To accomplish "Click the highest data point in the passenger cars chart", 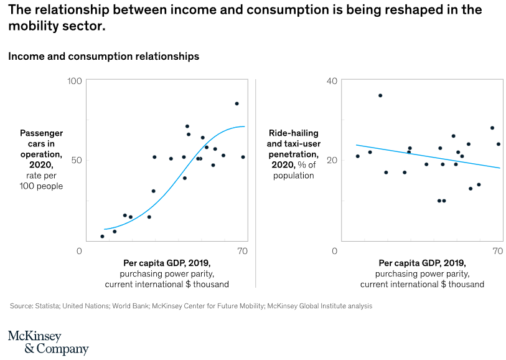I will coord(237,103).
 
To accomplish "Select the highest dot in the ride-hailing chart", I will coord(380,95).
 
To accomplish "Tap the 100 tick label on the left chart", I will coord(75,82).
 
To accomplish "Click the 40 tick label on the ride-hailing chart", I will coord(332,82).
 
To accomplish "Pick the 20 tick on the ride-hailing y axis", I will coord(332,160).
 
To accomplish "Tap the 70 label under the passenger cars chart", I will coord(243,251).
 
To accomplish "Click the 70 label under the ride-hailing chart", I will coord(497,251).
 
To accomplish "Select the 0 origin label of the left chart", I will coord(79,251).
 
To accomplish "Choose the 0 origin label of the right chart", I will coord(334,251).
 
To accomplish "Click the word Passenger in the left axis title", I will coord(42,133).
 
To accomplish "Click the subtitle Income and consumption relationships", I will coord(103,56).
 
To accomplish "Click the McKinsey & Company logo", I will coord(48,343).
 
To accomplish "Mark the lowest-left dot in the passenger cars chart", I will coord(102,236).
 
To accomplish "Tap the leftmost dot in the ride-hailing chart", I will coord(357,156).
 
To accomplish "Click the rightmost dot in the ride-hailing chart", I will coord(499,144).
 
